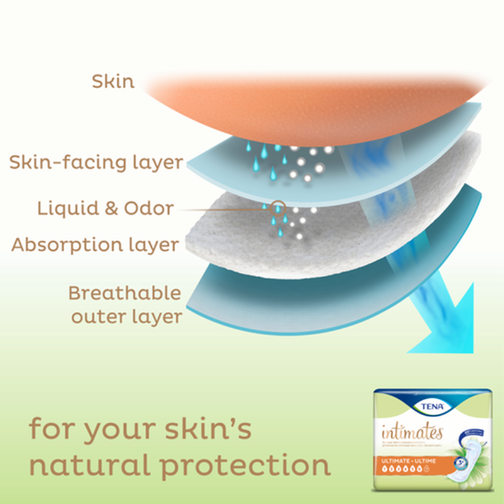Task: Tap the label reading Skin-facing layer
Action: (x=96, y=163)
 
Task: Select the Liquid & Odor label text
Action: (x=105, y=209)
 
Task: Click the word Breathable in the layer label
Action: (x=125, y=294)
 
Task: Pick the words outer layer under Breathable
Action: (x=126, y=317)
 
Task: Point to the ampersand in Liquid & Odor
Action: (x=112, y=209)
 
